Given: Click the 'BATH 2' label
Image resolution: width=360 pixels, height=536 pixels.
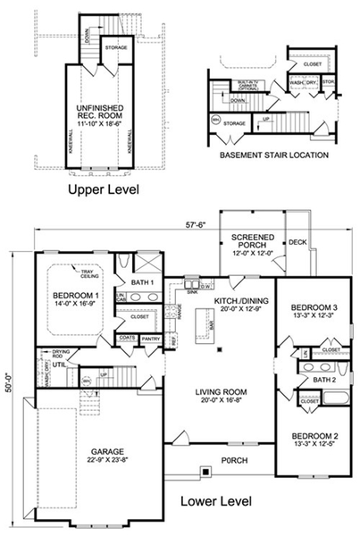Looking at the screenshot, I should tap(323, 381).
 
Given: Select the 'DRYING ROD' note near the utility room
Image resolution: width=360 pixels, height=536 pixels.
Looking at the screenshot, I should tap(61, 355).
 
